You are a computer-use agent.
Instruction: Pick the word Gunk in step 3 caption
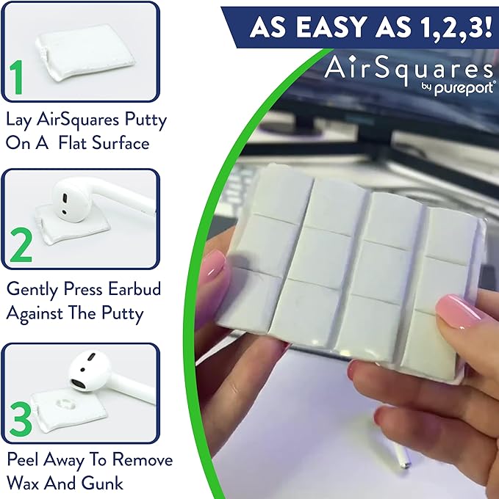pos(107,483)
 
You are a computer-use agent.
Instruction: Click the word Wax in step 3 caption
pos(26,483)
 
